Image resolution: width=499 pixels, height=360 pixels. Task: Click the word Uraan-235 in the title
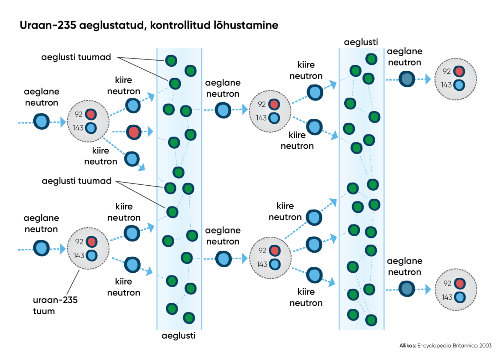(x=47, y=25)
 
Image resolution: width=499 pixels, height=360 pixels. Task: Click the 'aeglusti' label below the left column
(x=179, y=336)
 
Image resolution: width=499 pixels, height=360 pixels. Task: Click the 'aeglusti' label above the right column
(x=361, y=42)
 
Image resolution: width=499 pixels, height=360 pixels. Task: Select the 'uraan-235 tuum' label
(x=55, y=305)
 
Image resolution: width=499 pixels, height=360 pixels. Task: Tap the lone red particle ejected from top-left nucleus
(x=134, y=132)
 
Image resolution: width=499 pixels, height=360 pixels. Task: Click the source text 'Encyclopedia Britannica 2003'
(x=454, y=345)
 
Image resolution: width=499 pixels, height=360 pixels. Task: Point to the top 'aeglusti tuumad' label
(x=76, y=57)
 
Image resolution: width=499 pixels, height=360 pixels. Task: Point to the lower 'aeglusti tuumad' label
(x=77, y=181)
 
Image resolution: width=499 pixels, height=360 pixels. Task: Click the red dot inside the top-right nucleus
(x=459, y=71)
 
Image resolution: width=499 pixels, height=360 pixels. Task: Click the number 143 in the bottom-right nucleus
(x=447, y=297)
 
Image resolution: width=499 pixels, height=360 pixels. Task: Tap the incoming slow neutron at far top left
(x=41, y=121)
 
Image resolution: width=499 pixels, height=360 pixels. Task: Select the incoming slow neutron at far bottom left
(x=41, y=248)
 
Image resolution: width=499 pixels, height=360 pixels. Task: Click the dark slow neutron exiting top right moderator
(x=407, y=79)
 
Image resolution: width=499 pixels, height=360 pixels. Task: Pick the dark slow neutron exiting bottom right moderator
(x=407, y=289)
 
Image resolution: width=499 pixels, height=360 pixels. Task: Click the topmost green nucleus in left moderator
(x=171, y=61)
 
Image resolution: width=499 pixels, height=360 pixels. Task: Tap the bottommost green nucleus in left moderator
(x=189, y=318)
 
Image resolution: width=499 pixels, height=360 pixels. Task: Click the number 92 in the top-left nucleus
(x=78, y=114)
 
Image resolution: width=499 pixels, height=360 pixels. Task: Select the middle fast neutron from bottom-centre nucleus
(x=314, y=245)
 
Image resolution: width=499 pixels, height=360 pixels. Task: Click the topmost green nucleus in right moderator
(x=371, y=59)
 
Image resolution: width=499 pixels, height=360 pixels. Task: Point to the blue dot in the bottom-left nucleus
(x=92, y=255)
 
